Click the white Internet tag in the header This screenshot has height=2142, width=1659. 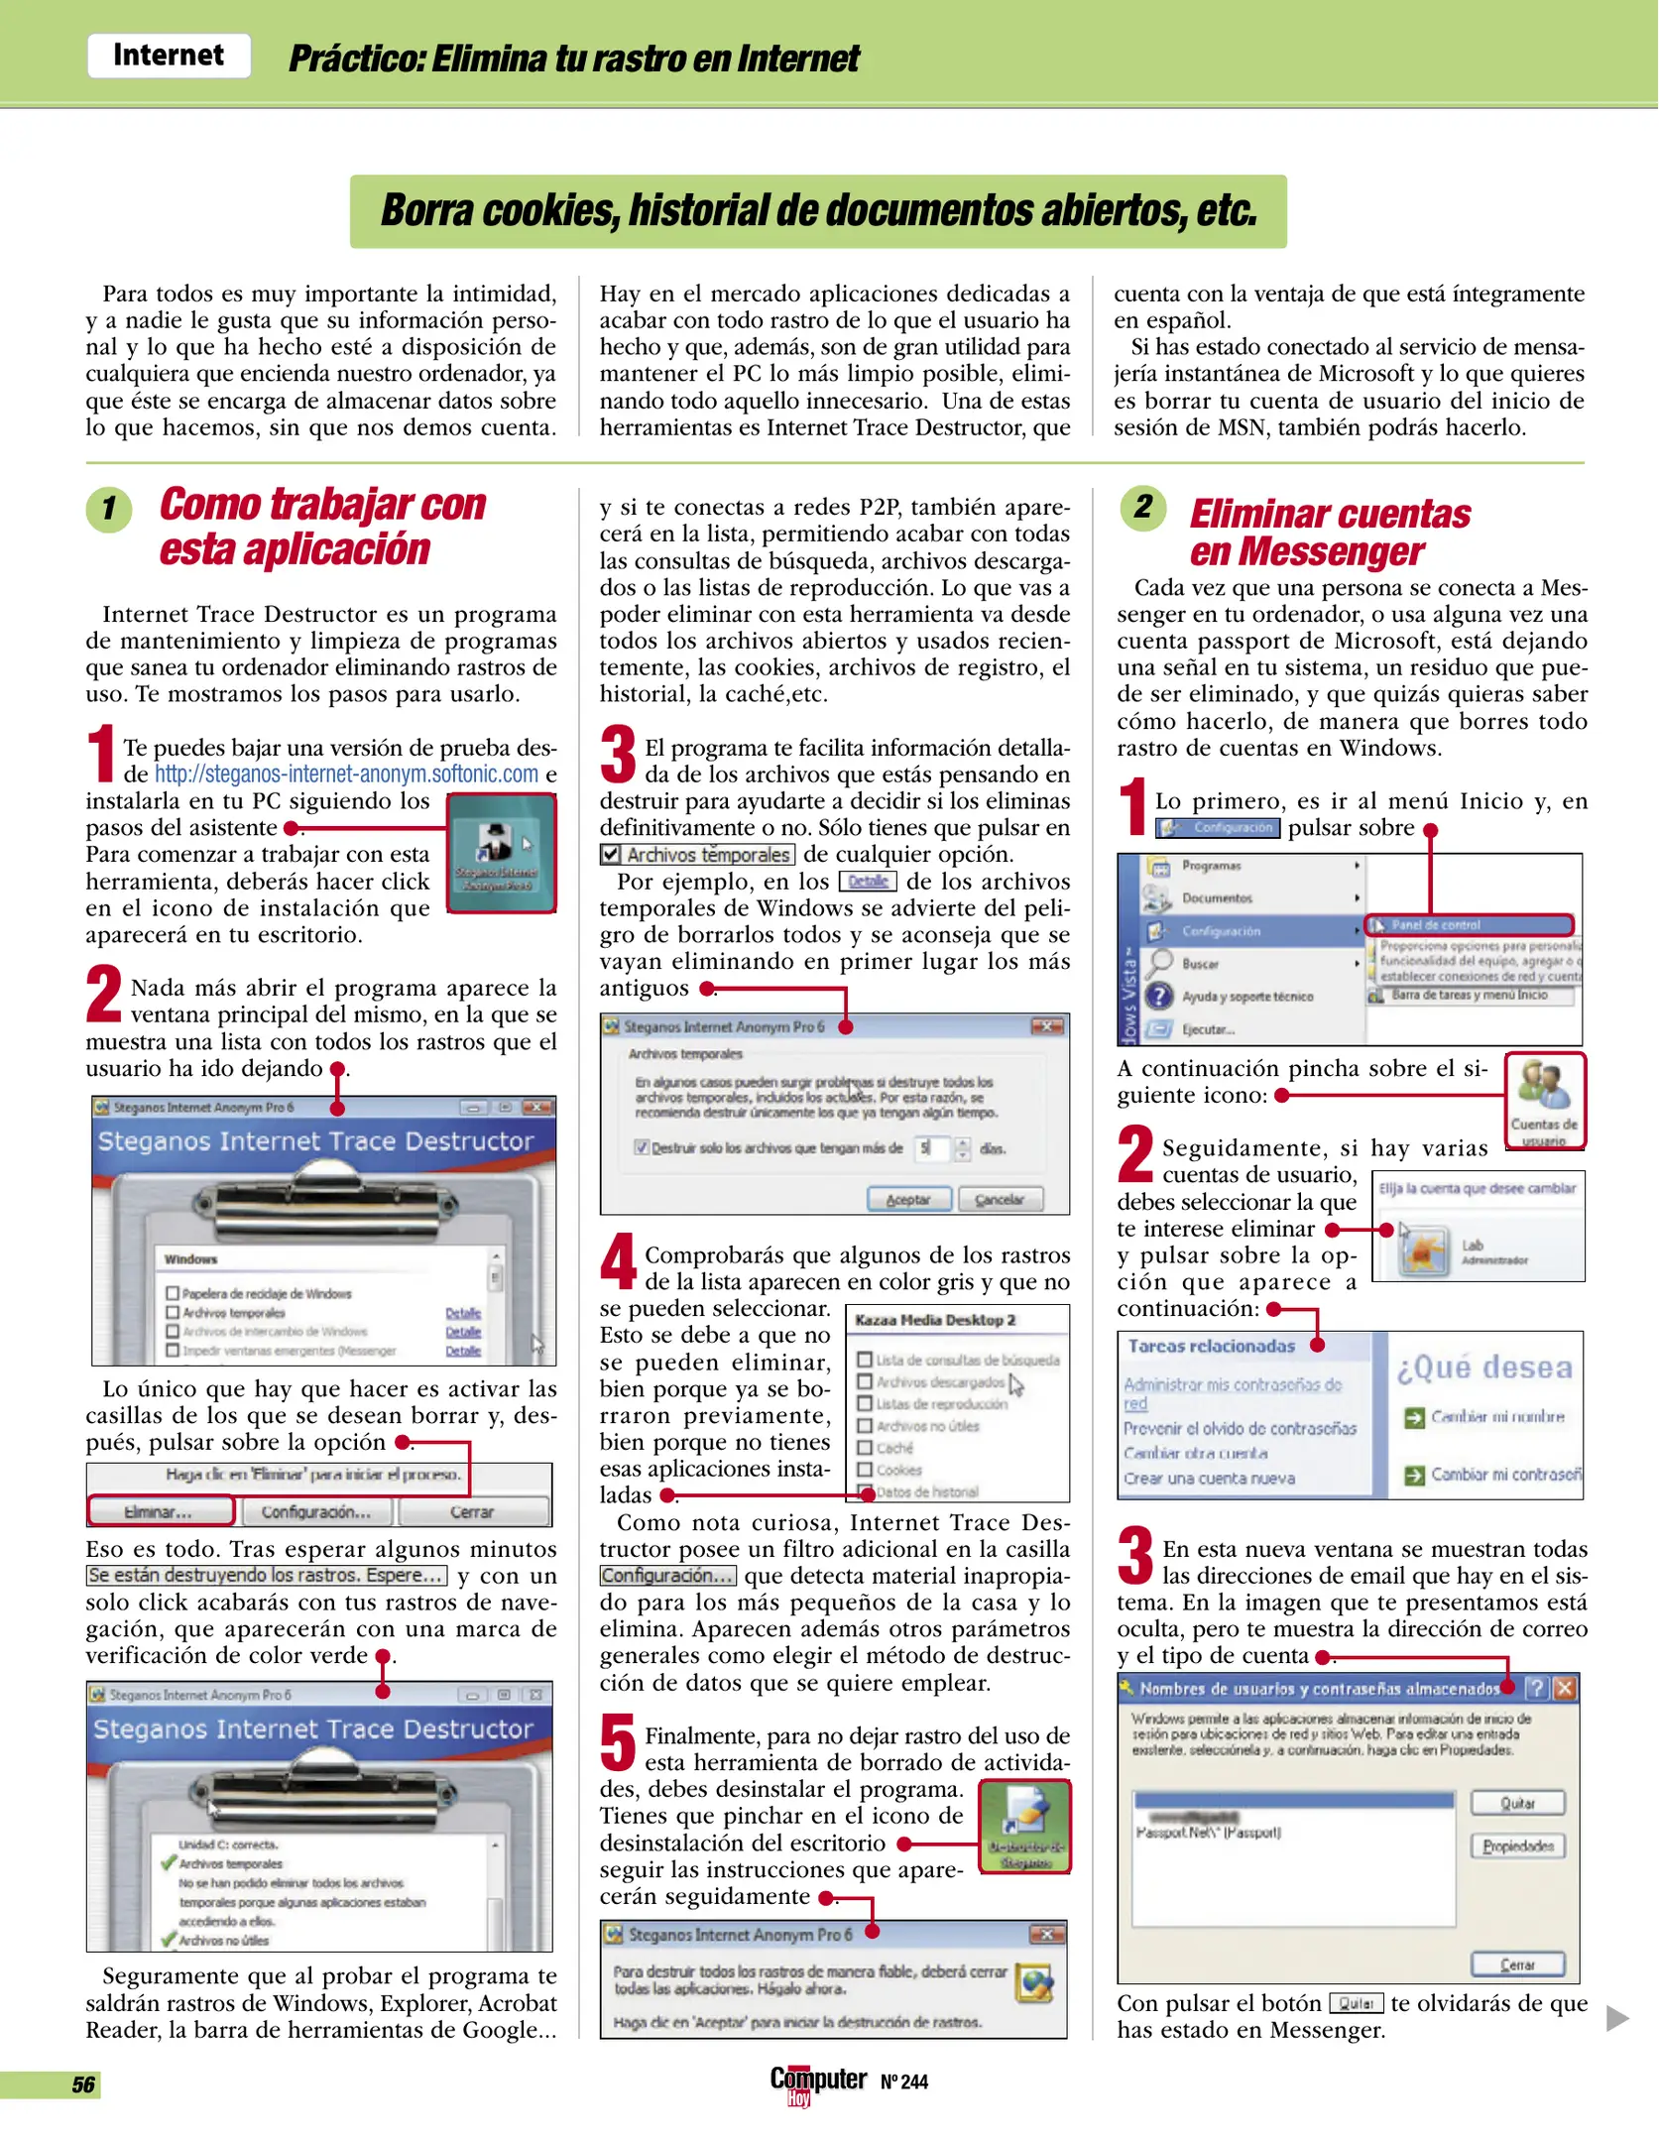click(x=169, y=55)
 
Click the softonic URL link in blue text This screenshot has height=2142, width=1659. click(x=346, y=774)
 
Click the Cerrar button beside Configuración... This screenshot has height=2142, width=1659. click(x=472, y=1511)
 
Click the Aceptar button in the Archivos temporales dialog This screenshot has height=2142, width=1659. click(x=908, y=1199)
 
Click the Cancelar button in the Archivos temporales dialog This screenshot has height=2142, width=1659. click(x=1000, y=1199)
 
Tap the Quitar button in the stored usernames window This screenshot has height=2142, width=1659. click(x=1517, y=1803)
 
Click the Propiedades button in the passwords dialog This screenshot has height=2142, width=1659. click(x=1517, y=1845)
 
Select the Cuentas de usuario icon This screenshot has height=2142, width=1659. click(x=1545, y=1100)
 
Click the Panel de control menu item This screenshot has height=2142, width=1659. click(x=1470, y=925)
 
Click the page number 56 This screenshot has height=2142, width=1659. click(x=83, y=2083)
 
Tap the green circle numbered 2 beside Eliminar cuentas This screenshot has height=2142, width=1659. click(x=1143, y=507)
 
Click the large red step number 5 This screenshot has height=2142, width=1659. click(x=618, y=1742)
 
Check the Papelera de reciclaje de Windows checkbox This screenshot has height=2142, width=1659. click(x=173, y=1293)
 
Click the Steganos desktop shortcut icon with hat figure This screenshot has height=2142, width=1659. click(x=501, y=852)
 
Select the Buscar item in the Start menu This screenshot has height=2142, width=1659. click(x=1200, y=964)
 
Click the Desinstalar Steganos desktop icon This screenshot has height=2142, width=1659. click(x=1024, y=1827)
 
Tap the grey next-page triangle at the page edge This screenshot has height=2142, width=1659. click(x=1616, y=2017)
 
